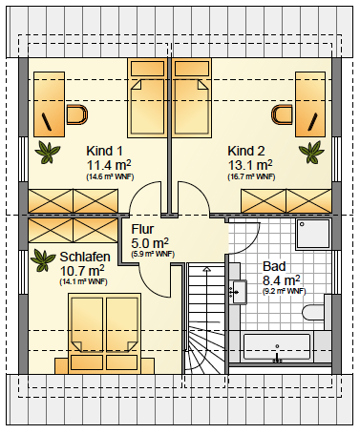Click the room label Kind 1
point(104,151)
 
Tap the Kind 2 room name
point(246,151)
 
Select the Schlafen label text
point(85,257)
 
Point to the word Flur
point(142,229)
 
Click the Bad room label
point(274,266)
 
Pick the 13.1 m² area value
point(250,165)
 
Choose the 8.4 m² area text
point(281,280)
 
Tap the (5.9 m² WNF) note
point(153,254)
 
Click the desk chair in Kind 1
point(77,114)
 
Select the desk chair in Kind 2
point(282,114)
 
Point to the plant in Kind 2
point(311,152)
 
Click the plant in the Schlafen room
point(43,260)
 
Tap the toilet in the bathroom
point(313,313)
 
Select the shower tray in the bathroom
point(313,234)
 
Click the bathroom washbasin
point(240,292)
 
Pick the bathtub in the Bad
point(277,346)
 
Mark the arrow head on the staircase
point(207,270)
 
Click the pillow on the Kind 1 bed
point(148,68)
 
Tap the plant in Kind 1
point(48,153)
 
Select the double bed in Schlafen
point(105,334)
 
